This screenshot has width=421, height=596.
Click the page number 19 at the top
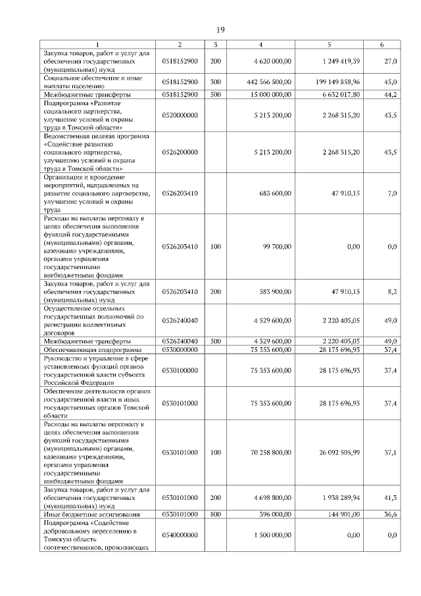coord(221,30)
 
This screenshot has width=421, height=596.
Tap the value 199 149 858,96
coord(333,82)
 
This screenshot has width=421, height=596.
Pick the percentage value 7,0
coord(392,193)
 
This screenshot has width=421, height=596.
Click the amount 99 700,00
coord(277,247)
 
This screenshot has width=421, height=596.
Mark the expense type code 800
coord(215,514)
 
